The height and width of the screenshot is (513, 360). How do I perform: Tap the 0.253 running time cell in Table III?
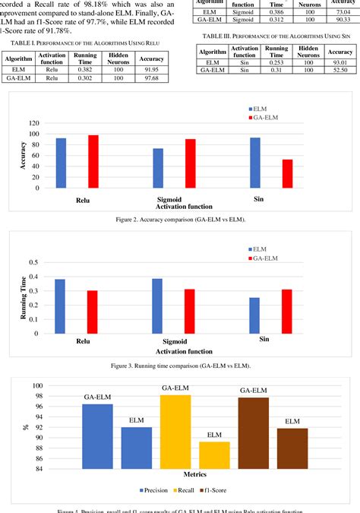click(x=274, y=61)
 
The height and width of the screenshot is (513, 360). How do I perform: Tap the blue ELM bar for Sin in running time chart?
click(x=254, y=315)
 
